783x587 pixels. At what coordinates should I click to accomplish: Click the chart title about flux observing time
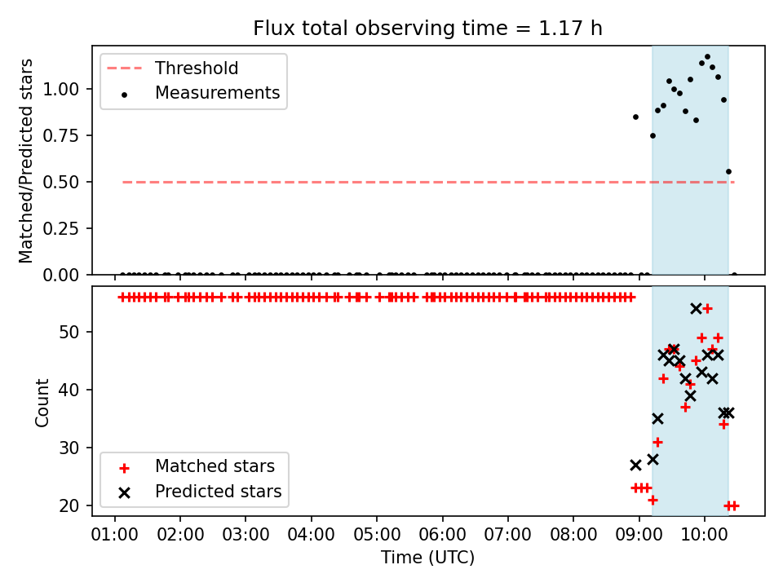(x=427, y=28)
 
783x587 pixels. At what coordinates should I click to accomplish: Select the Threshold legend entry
(x=172, y=68)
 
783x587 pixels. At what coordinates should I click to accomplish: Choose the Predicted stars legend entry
(x=199, y=492)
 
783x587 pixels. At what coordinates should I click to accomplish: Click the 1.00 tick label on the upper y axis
(x=61, y=90)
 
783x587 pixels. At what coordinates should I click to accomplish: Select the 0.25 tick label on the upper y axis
(x=61, y=228)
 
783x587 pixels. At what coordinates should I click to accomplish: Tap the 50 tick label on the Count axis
(x=69, y=332)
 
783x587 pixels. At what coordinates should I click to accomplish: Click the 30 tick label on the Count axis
(x=69, y=448)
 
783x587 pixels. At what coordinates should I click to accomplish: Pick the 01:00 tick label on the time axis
(x=114, y=535)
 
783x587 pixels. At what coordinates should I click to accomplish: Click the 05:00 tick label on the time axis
(x=377, y=535)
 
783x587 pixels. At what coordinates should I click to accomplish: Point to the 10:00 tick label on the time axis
(x=704, y=535)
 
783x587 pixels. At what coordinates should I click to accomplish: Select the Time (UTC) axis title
(x=428, y=557)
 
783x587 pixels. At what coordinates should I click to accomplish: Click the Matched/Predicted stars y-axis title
(x=25, y=161)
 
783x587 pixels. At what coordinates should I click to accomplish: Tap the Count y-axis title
(x=42, y=403)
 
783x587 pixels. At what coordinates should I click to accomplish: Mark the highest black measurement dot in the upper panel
(x=707, y=57)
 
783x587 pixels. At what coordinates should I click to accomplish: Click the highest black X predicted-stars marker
(x=696, y=309)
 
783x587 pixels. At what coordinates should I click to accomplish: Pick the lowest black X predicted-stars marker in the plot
(x=635, y=466)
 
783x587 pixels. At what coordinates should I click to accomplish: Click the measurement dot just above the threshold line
(x=728, y=172)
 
